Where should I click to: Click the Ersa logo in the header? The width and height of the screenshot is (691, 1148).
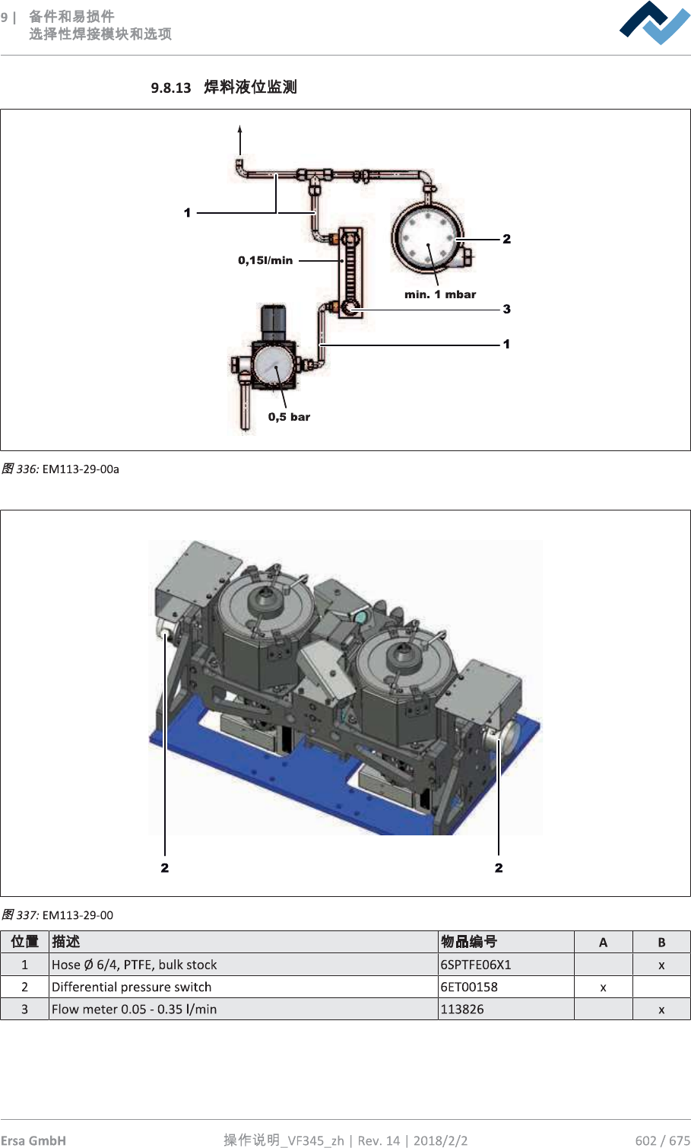click(x=654, y=23)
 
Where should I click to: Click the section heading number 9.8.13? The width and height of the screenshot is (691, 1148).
click(x=170, y=87)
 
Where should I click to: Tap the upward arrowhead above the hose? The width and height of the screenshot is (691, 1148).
click(x=239, y=130)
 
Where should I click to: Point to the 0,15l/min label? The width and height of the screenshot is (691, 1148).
click(x=265, y=260)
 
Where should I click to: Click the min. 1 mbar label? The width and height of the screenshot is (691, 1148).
click(x=440, y=294)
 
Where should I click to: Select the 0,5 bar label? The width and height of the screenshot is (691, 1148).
click(x=289, y=417)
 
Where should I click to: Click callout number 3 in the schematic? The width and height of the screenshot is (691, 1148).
click(x=506, y=309)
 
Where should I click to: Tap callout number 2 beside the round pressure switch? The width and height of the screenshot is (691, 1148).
click(x=506, y=239)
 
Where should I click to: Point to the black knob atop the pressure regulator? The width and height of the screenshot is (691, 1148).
click(x=274, y=322)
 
